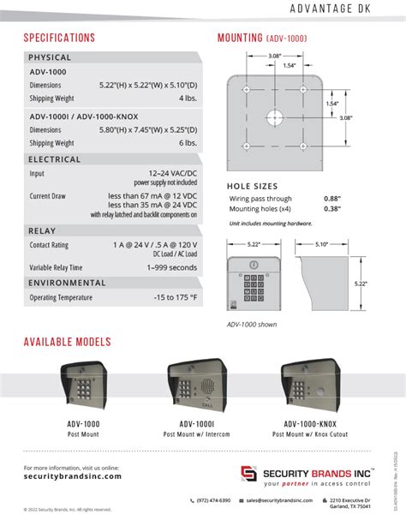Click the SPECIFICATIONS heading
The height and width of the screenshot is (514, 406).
[x=59, y=38]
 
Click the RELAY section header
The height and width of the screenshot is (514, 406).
[x=43, y=230]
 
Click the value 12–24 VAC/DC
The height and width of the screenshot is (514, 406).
[x=171, y=173]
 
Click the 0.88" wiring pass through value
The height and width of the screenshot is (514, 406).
[x=333, y=198]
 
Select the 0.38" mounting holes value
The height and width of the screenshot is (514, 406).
[x=333, y=208]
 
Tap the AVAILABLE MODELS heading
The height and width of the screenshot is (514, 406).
[x=68, y=342]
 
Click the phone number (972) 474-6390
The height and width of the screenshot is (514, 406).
[x=212, y=499]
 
